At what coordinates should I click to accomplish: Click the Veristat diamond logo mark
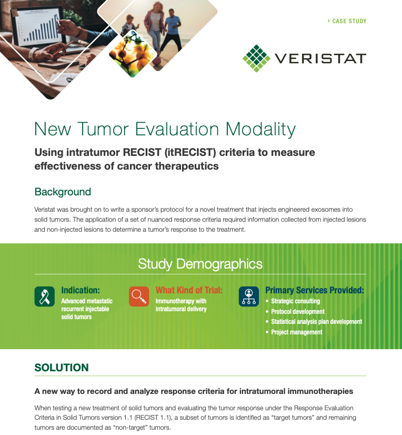256,58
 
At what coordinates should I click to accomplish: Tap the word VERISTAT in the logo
320,58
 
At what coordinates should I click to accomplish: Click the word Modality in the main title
260,130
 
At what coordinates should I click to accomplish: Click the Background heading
63,192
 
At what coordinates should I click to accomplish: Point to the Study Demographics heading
200,263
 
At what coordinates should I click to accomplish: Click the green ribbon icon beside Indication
45,296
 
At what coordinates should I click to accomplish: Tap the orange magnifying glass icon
139,296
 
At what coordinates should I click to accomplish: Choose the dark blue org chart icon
249,296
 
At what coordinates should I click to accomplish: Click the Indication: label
81,290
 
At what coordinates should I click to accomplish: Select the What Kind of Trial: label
189,290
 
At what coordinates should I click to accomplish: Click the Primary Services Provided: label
315,290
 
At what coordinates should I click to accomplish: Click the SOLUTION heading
62,368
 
